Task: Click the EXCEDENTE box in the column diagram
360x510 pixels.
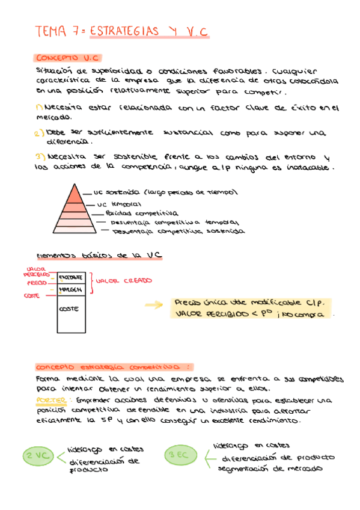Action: (71, 277)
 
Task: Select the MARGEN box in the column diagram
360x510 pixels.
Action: (70, 289)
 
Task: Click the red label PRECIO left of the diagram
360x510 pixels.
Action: (37, 282)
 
